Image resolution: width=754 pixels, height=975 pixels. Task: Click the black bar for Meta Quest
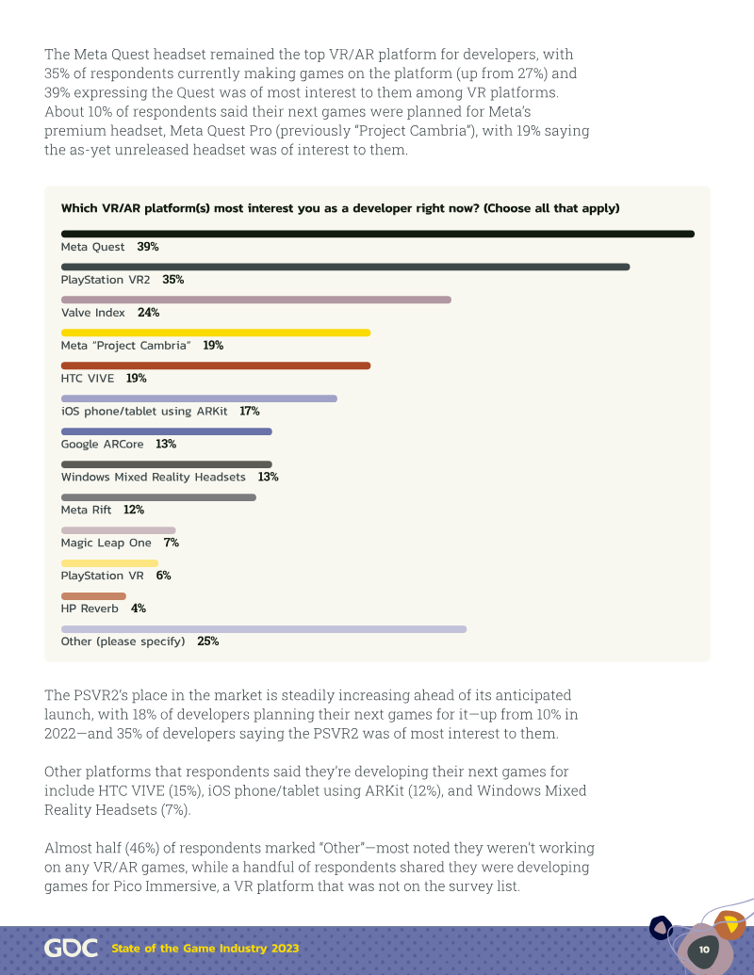378,234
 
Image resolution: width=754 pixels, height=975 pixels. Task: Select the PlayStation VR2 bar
345,267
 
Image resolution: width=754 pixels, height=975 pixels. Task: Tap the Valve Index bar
255,300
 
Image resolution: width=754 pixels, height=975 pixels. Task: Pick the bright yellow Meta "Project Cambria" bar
216,333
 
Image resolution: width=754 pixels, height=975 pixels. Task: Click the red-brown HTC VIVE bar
216,366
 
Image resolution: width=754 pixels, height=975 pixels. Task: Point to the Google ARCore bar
167,431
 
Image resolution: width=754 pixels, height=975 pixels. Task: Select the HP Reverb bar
93,596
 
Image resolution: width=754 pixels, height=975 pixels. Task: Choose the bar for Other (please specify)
264,629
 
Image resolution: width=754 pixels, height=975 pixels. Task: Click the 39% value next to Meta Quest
148,247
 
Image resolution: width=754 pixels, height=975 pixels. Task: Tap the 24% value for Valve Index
149,313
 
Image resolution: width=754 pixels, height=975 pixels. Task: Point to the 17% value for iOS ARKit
250,411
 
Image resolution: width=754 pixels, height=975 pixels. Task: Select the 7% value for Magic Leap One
172,543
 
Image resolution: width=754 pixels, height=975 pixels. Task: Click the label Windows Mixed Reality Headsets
153,477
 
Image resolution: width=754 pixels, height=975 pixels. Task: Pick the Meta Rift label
86,510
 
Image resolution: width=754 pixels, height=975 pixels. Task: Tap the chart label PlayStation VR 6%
116,576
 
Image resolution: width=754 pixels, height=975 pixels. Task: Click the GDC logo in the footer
71,949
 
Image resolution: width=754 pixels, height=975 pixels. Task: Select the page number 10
704,950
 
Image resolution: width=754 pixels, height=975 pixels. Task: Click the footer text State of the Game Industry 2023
205,949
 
